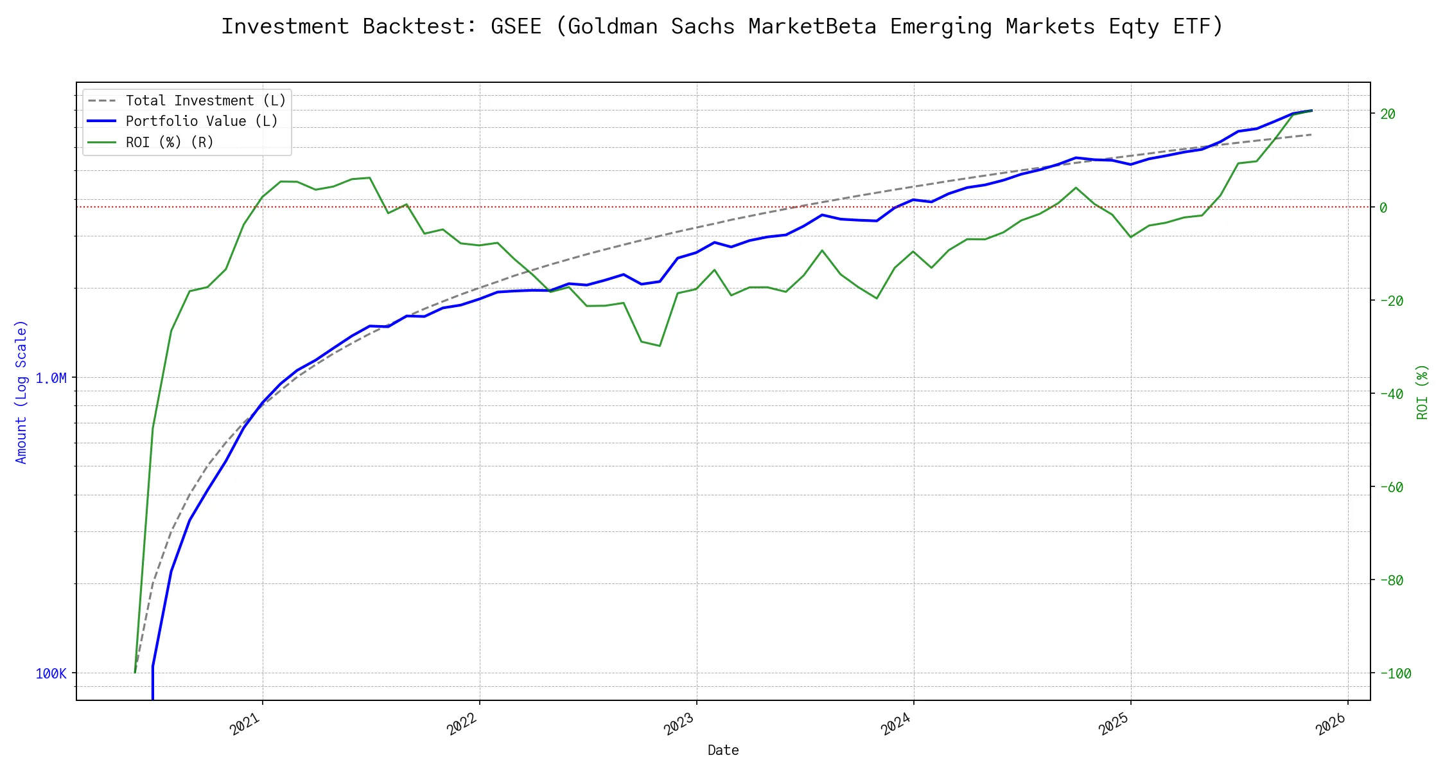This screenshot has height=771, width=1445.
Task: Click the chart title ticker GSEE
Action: click(516, 26)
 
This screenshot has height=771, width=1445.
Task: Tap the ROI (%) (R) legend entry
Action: click(170, 142)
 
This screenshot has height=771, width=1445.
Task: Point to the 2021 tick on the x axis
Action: click(245, 724)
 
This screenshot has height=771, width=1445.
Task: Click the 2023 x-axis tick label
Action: click(679, 724)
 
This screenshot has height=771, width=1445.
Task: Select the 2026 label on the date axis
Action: click(1331, 724)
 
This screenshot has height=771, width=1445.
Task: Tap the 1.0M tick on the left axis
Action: click(51, 378)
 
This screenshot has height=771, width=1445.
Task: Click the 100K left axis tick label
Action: click(51, 673)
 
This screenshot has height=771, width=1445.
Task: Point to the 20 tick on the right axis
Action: click(1387, 114)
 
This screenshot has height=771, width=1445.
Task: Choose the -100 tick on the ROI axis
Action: click(1395, 673)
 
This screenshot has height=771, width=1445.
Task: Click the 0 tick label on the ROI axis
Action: click(1383, 208)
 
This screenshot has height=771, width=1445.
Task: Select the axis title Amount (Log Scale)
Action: click(21, 391)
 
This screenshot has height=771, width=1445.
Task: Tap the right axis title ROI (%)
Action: click(1422, 391)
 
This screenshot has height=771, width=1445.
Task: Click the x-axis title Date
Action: click(723, 750)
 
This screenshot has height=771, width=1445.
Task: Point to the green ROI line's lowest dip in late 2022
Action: click(660, 346)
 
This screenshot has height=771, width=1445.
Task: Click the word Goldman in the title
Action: click(612, 26)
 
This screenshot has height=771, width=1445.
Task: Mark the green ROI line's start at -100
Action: click(135, 673)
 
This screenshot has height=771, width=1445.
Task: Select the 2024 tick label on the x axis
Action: click(897, 724)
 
